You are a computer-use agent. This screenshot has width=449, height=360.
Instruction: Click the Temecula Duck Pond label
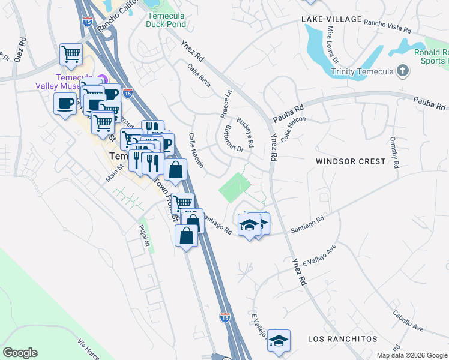point(167,19)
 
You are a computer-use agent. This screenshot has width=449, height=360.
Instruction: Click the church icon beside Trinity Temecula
point(403,72)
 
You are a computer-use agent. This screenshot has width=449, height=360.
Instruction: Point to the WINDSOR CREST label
point(351,161)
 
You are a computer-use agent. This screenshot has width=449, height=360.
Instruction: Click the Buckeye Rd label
point(245,132)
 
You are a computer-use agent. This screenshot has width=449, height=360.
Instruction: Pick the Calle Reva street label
point(199,76)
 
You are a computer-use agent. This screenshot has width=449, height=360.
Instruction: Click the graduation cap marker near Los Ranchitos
point(278,341)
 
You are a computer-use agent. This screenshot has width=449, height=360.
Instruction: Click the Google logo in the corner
point(20,353)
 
